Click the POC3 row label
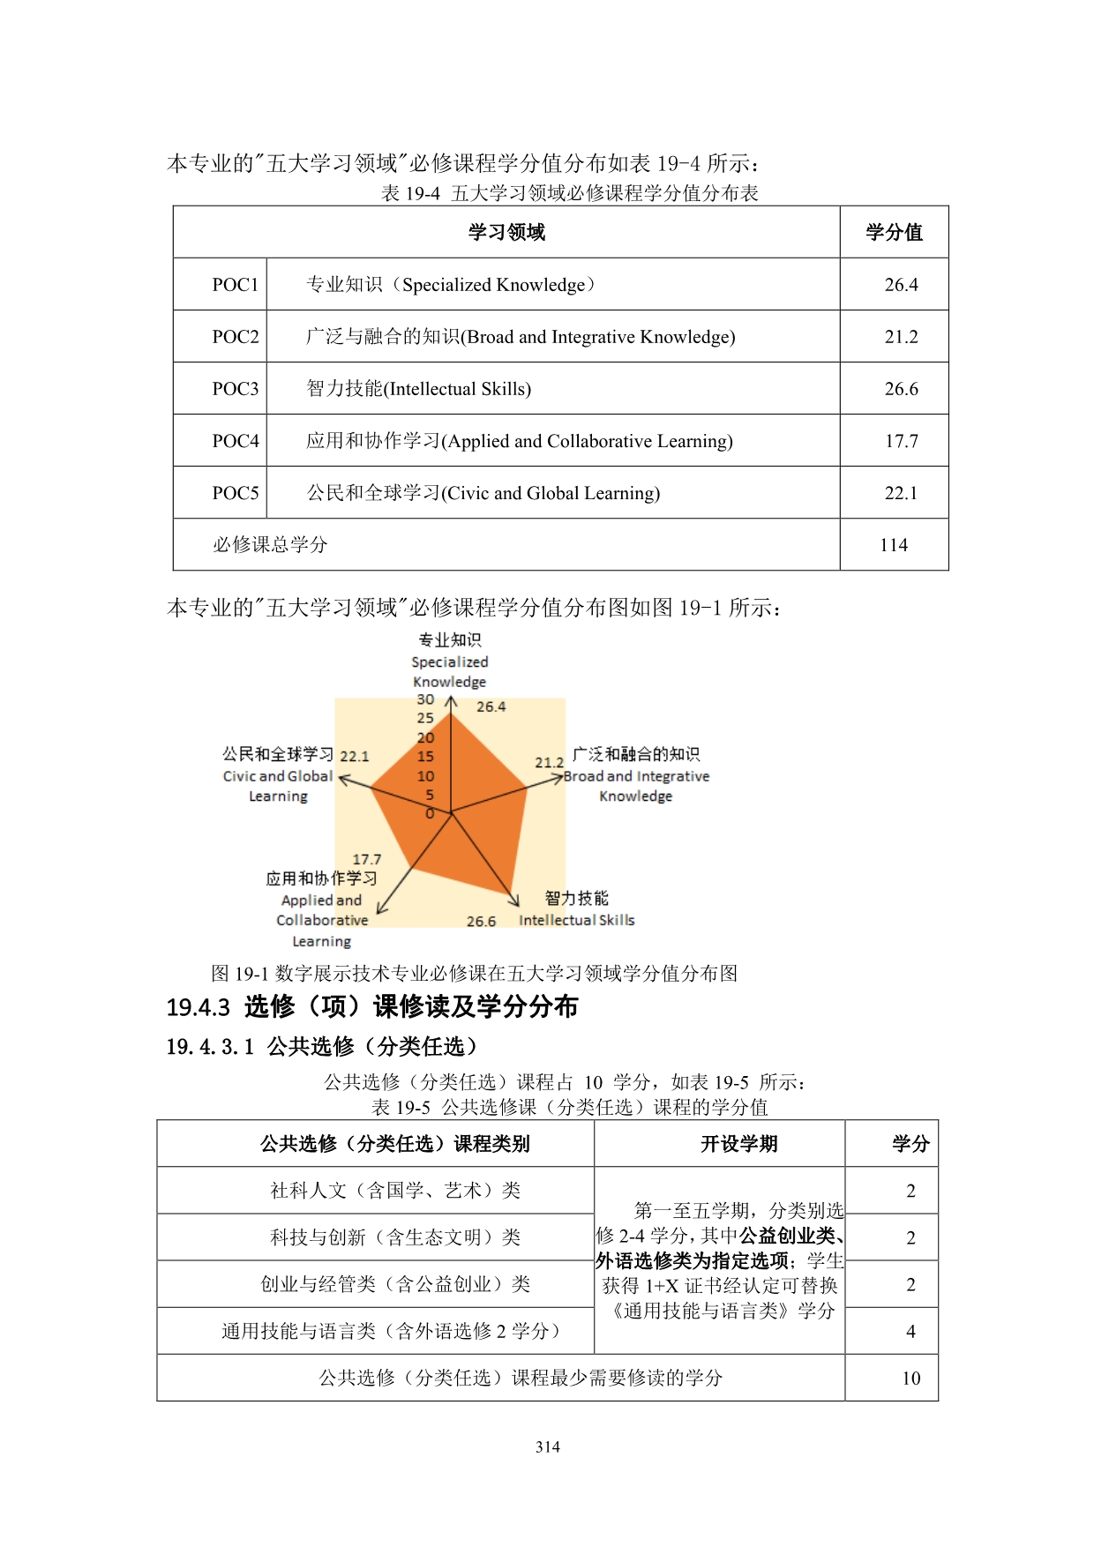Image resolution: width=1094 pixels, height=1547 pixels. pyautogui.click(x=236, y=389)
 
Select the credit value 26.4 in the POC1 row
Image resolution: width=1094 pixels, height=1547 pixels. pyautogui.click(x=901, y=285)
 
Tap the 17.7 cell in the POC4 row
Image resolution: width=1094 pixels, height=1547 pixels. pyautogui.click(x=901, y=441)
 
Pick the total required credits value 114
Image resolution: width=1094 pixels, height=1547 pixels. pyautogui.click(x=894, y=545)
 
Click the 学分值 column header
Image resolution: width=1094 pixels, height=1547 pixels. pyautogui.click(x=894, y=232)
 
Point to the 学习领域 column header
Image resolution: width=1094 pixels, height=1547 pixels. pyautogui.click(x=506, y=232)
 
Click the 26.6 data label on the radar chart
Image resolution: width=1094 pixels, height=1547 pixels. pyautogui.click(x=481, y=921)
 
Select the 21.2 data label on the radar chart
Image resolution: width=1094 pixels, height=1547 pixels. pyautogui.click(x=549, y=762)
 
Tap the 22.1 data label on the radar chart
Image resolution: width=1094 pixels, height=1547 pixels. pyautogui.click(x=355, y=756)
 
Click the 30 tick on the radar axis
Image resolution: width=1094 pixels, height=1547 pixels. pyautogui.click(x=425, y=699)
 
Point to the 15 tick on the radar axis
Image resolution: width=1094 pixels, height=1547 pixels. pyautogui.click(x=425, y=757)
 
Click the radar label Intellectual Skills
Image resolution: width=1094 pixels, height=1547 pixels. pyautogui.click(x=576, y=920)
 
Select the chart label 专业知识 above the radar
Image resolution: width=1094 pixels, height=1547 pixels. pyautogui.click(x=450, y=640)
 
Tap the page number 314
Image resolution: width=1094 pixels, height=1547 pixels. pyautogui.click(x=547, y=1446)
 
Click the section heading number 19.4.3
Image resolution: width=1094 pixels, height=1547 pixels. pyautogui.click(x=199, y=1007)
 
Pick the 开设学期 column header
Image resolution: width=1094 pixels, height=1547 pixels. pyautogui.click(x=738, y=1144)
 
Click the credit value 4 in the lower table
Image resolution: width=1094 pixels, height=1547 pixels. pyautogui.click(x=910, y=1332)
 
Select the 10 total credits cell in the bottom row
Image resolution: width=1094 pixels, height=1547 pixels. pyautogui.click(x=910, y=1379)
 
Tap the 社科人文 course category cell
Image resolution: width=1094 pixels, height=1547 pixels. pyautogui.click(x=395, y=1191)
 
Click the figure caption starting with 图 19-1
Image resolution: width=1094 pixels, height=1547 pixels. pyautogui.click(x=475, y=974)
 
